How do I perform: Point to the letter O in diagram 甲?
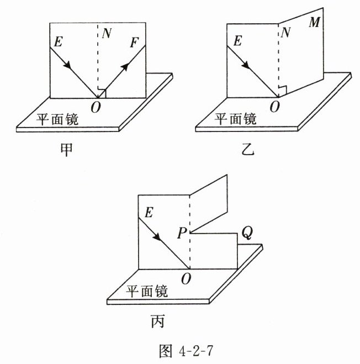(x=96, y=108)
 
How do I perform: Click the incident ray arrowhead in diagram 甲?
(x=68, y=66)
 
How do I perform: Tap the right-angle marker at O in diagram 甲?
(x=102, y=92)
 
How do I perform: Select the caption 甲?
(x=66, y=150)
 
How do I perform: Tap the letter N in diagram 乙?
(x=285, y=34)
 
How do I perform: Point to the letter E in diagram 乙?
(x=237, y=41)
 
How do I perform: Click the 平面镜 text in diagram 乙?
(x=235, y=118)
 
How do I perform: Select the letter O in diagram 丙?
(x=186, y=279)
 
